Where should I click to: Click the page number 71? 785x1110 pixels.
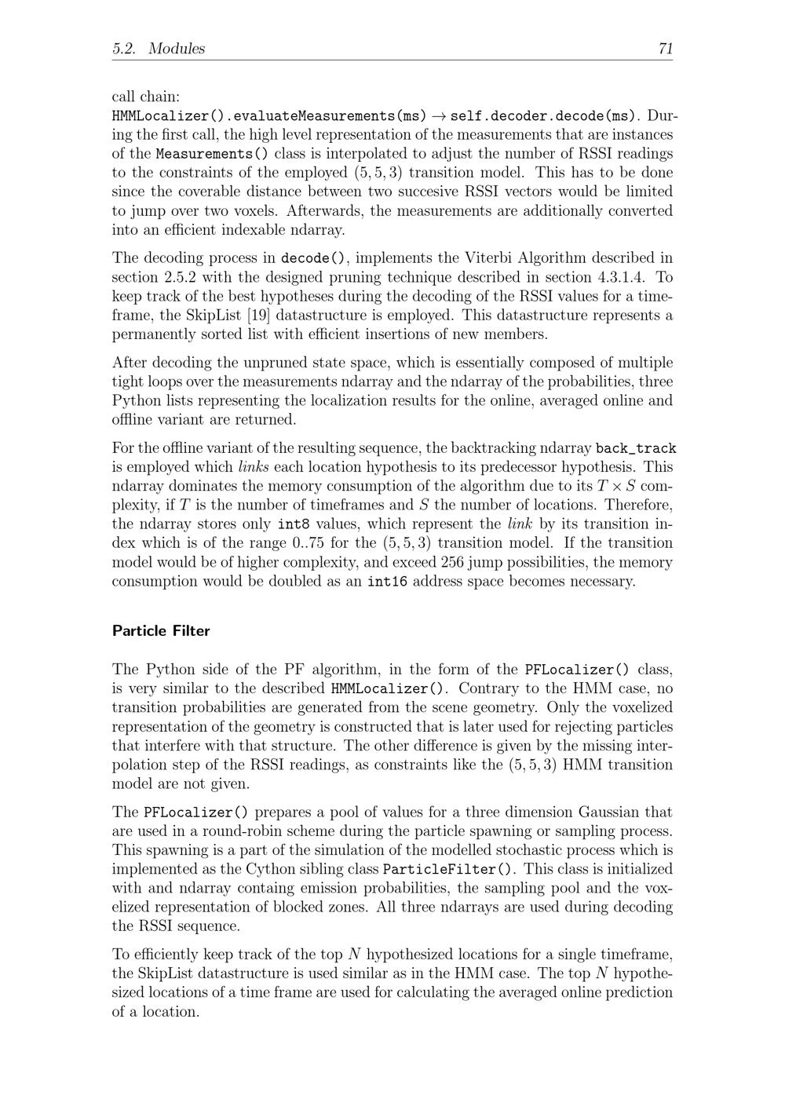[x=665, y=49]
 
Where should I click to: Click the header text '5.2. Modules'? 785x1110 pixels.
[x=159, y=49]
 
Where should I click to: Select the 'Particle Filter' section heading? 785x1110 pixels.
[x=161, y=631]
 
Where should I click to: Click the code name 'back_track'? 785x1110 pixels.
[x=636, y=449]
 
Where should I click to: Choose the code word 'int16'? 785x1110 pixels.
[x=387, y=582]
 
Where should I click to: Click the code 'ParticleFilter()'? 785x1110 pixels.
[x=450, y=870]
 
